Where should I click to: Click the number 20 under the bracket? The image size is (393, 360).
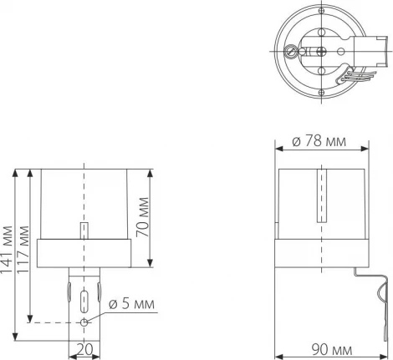[x=84, y=349]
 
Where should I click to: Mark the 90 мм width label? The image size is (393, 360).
[x=323, y=349]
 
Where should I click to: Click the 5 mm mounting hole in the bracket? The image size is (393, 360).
[x=84, y=322]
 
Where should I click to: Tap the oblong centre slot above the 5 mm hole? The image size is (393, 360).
[x=84, y=299]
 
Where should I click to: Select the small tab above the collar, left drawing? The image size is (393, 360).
[x=84, y=229]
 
